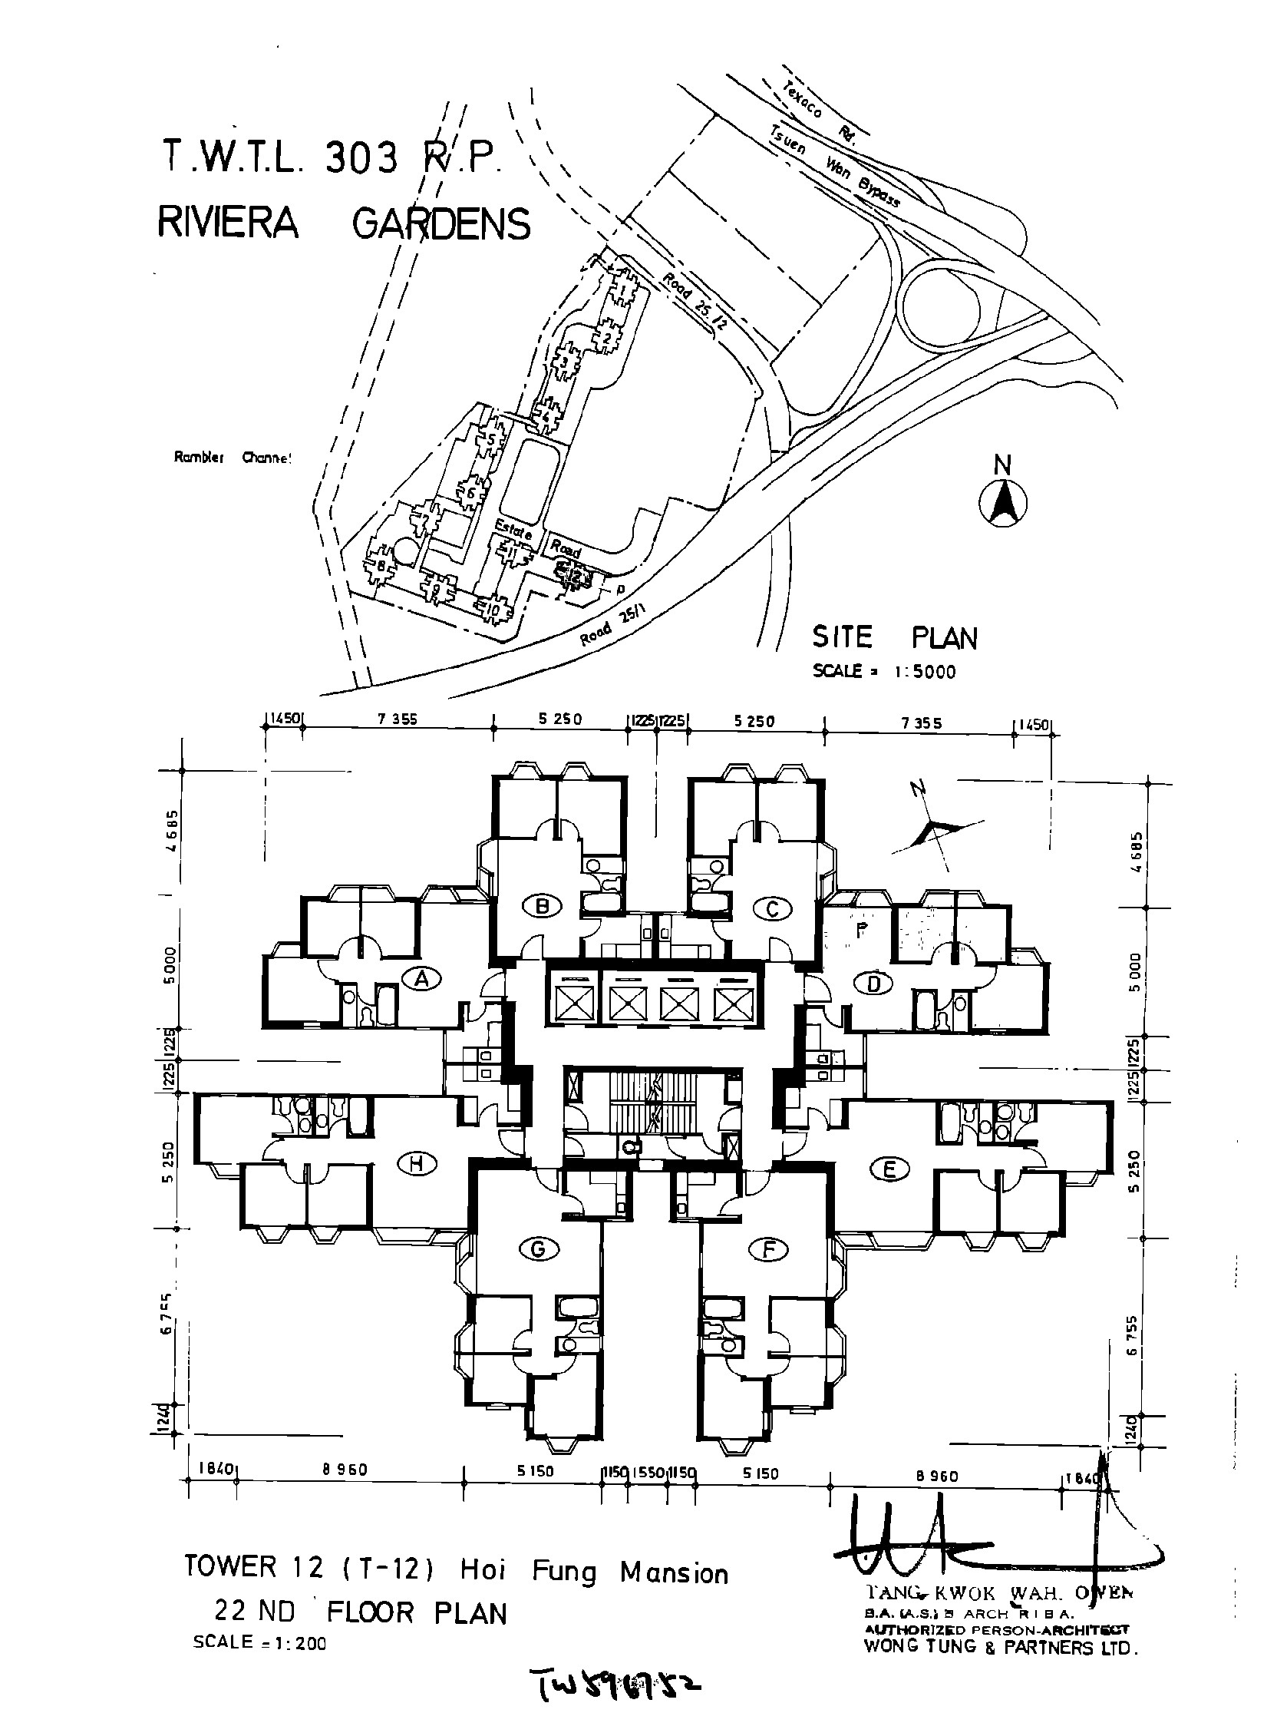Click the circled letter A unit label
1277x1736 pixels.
click(x=422, y=979)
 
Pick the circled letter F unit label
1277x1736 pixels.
click(x=767, y=1249)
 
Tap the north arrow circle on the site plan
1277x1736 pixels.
click(x=1002, y=505)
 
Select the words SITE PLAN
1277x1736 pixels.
click(x=894, y=638)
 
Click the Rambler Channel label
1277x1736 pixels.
click(x=233, y=458)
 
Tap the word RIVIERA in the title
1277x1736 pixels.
click(x=228, y=223)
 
